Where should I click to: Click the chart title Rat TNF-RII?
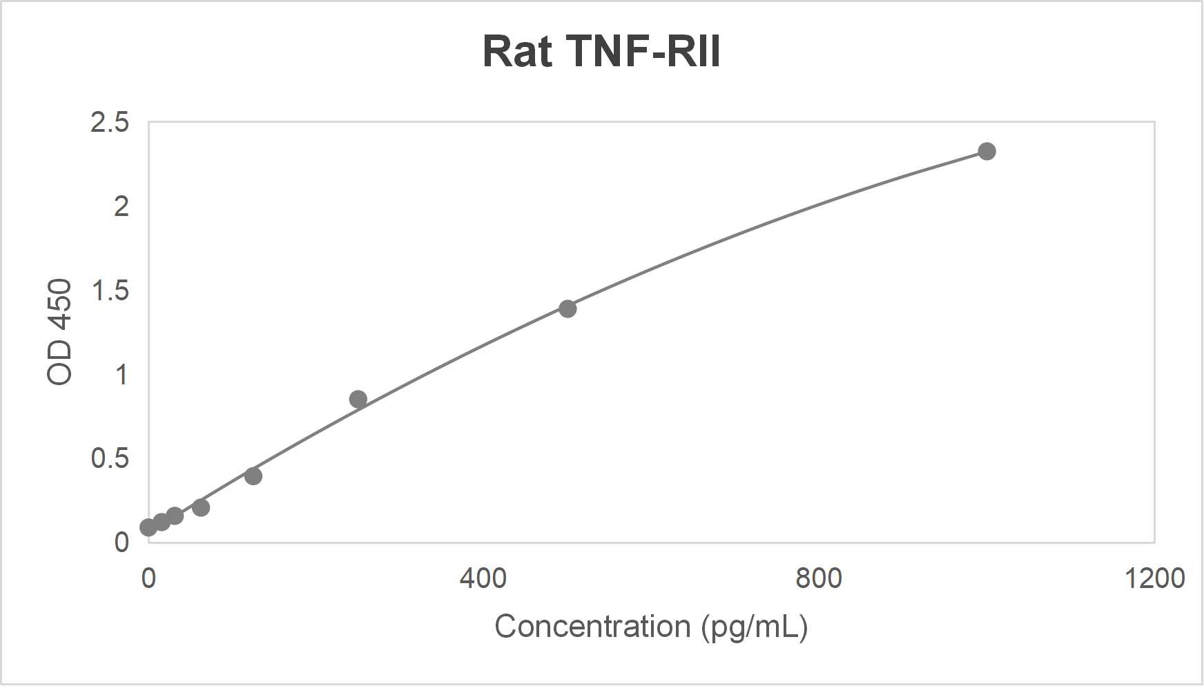tap(601, 52)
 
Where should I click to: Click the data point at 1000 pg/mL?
tap(987, 151)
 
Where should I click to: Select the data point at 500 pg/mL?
tap(567, 308)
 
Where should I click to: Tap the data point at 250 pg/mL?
tap(358, 399)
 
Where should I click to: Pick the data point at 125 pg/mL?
tap(253, 476)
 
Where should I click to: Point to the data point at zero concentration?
tap(148, 527)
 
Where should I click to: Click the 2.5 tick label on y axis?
tap(110, 122)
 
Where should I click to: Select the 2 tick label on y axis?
tap(122, 206)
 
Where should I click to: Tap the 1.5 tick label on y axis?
tap(110, 291)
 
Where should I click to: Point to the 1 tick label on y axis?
tap(122, 375)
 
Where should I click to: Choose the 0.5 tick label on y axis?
tap(110, 458)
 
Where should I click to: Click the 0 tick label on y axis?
tap(122, 542)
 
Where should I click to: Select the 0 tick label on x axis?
tap(148, 578)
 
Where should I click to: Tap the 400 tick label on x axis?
tap(483, 578)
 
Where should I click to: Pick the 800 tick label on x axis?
tap(819, 578)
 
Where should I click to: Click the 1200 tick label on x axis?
tap(1154, 578)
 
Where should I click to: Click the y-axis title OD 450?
tap(60, 332)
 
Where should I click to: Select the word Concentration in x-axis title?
tap(592, 627)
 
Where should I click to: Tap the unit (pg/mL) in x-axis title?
tap(755, 627)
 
